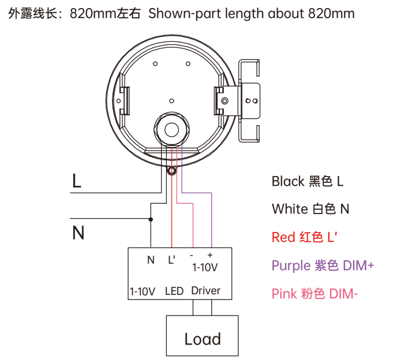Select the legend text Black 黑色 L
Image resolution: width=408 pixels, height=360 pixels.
coord(307,181)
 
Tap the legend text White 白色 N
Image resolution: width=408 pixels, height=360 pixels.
coord(310,208)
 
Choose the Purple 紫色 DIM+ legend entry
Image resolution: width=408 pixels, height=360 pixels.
coord(323,265)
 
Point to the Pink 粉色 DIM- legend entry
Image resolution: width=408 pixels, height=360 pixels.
coord(315,294)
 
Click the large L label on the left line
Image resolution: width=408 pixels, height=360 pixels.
coord(77,181)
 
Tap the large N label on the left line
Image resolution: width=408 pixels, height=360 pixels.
coord(78,233)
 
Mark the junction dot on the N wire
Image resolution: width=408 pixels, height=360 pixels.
coord(151,219)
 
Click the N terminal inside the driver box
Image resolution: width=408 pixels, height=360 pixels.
coord(151,260)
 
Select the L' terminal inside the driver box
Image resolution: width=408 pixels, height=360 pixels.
coord(171,260)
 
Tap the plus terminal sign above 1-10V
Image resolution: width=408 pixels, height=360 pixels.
coord(209,255)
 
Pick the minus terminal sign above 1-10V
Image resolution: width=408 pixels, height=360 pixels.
coord(192,255)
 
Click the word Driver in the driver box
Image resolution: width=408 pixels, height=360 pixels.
coord(205,291)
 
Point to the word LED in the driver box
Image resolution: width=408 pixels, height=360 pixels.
coord(174,291)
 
